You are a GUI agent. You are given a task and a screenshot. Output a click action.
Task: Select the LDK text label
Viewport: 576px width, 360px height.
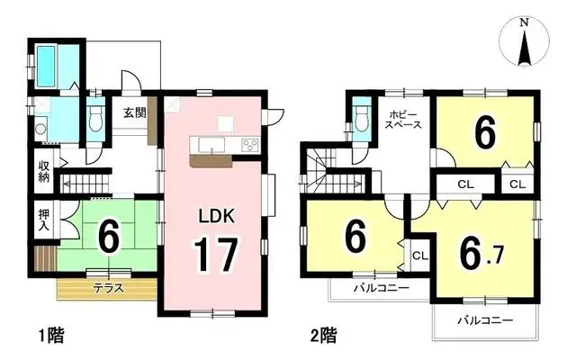click(216, 216)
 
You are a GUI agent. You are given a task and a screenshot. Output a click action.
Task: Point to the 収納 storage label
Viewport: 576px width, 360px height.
click(43, 171)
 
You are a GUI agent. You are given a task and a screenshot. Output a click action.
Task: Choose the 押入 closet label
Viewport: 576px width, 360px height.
click(43, 220)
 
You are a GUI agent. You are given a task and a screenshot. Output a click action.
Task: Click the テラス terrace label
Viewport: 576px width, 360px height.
click(110, 289)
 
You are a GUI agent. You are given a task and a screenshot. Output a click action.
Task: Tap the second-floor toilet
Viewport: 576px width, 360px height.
click(361, 118)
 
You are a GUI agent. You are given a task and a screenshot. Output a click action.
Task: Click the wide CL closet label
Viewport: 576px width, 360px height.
click(465, 184)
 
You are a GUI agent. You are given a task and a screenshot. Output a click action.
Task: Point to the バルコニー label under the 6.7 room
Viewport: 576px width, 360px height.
click(483, 321)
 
